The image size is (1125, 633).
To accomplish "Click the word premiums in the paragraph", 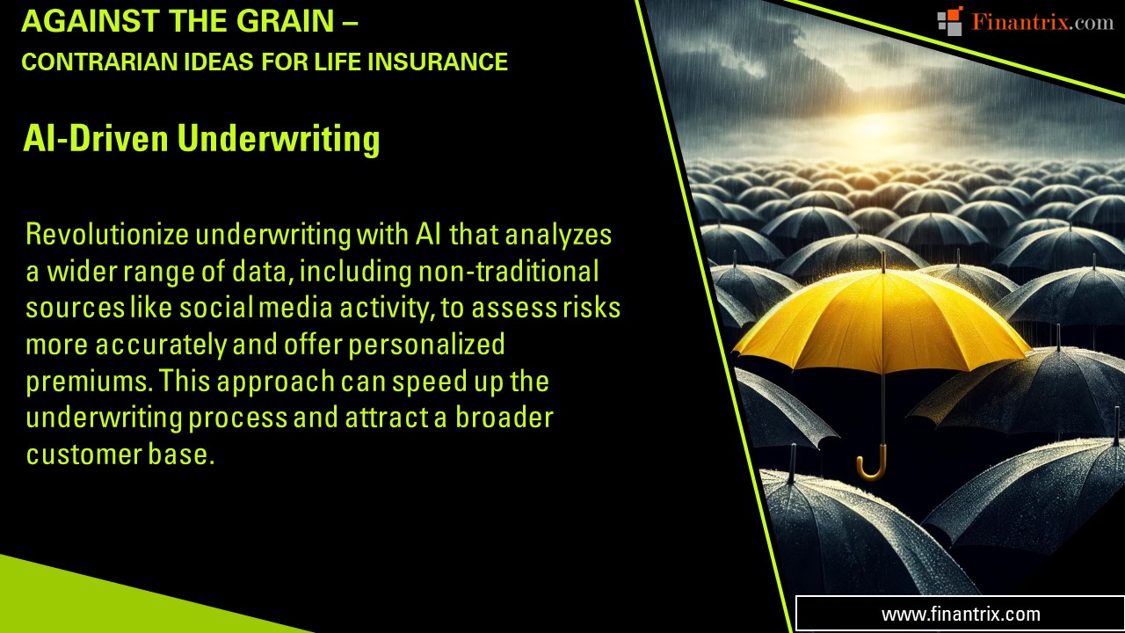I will point(87,382).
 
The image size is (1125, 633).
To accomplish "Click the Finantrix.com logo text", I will point(1042,22).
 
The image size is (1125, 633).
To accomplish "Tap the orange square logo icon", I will point(950,20).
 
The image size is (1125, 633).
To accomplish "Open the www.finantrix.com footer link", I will point(960,614).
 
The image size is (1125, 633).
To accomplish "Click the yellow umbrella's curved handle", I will point(872,469).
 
